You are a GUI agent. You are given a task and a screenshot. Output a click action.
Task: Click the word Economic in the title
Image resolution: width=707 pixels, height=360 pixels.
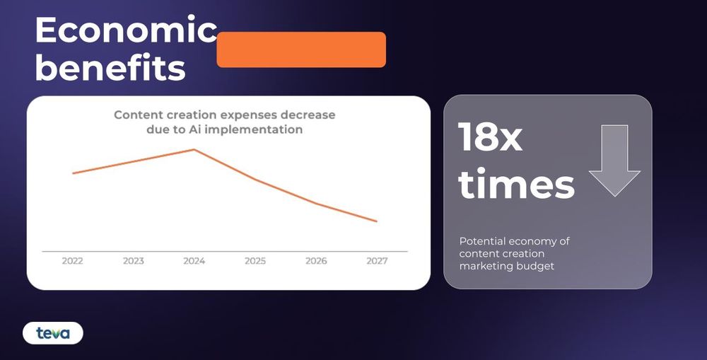(x=127, y=29)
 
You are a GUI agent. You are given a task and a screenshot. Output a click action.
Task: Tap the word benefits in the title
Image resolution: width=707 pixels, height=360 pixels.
(x=110, y=68)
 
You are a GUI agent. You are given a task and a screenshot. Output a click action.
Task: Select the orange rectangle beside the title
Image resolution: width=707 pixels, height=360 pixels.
(x=301, y=50)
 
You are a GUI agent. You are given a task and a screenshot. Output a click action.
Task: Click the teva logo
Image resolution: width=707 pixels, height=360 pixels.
(x=53, y=333)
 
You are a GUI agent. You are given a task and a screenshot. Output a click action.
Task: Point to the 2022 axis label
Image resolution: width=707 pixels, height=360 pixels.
(x=73, y=261)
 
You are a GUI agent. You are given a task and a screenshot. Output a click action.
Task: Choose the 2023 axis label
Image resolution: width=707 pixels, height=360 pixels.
(x=134, y=261)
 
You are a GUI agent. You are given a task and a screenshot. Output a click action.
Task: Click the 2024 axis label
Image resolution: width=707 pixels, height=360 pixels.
(x=194, y=261)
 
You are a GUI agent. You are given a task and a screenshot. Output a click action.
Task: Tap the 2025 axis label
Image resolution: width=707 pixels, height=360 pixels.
(x=255, y=261)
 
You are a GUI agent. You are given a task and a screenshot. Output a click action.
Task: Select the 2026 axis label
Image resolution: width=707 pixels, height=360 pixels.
(x=316, y=261)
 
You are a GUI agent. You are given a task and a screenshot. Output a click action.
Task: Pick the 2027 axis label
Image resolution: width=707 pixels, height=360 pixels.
(x=377, y=261)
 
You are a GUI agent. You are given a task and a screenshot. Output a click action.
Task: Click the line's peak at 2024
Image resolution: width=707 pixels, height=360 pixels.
(x=194, y=149)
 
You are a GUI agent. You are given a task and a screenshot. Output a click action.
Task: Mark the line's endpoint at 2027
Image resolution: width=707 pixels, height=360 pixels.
(x=377, y=221)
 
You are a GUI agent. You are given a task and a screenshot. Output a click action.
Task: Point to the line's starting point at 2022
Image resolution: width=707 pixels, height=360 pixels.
(x=73, y=173)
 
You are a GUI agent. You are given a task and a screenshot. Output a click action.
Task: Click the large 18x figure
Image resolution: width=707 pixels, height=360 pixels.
(x=490, y=137)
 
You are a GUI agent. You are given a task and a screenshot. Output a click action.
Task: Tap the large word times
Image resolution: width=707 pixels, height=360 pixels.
(x=517, y=184)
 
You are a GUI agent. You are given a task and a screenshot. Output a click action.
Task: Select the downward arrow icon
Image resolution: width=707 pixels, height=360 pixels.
(x=614, y=161)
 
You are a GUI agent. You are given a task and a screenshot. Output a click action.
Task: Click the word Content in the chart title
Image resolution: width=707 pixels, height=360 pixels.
(x=134, y=115)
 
